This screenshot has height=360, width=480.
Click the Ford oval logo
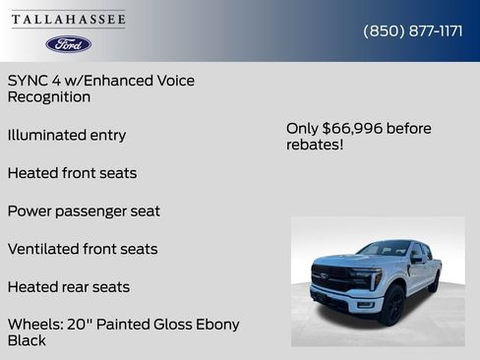click(x=69, y=44)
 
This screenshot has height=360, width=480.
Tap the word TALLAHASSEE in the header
click(x=69, y=20)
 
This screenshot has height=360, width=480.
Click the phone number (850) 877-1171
click(x=413, y=30)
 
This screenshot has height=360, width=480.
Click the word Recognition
click(x=49, y=97)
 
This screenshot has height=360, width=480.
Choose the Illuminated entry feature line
click(x=67, y=135)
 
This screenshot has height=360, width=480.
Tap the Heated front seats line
click(x=72, y=173)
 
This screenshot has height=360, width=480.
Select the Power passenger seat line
click(x=84, y=211)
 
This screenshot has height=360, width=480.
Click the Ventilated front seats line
click(x=83, y=249)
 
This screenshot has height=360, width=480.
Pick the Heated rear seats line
click(x=69, y=287)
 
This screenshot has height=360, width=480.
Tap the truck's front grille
click(x=332, y=277)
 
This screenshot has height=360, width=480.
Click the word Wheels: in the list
click(x=36, y=325)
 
